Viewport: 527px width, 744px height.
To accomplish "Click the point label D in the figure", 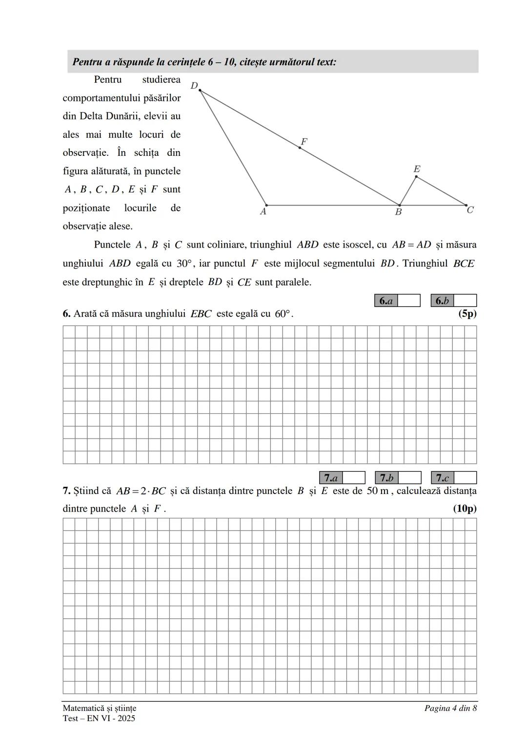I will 194,86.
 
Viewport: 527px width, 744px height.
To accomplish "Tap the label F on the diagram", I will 304,142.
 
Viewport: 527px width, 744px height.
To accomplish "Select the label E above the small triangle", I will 417,169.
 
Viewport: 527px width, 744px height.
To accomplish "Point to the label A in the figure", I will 263,212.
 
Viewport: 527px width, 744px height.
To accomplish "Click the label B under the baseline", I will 398,212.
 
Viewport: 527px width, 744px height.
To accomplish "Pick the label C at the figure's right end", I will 470,210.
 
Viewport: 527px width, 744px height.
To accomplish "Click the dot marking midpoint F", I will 300,148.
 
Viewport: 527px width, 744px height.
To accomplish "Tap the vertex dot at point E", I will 416,176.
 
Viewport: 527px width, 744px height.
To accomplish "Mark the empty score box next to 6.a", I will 409,301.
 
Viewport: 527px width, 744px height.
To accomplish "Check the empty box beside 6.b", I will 465,301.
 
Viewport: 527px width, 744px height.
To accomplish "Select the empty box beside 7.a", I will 354,478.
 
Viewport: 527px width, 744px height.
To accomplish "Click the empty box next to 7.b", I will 410,478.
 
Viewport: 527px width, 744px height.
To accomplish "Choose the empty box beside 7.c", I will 466,478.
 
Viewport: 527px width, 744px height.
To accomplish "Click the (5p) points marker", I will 467,314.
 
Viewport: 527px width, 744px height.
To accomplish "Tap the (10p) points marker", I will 465,509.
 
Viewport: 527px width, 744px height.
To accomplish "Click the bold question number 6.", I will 66,314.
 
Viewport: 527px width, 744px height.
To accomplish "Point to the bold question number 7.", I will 66,491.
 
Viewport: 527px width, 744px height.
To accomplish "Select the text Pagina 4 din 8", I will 450,708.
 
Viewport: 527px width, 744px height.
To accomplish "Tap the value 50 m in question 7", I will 378,491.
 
